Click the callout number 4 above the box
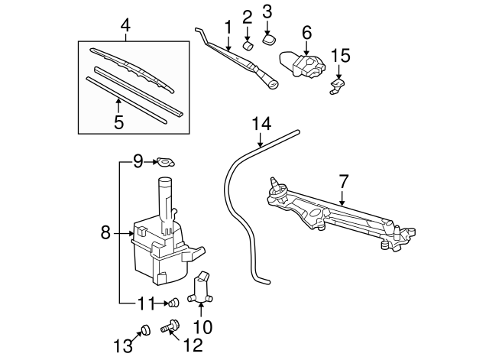coord(125,27)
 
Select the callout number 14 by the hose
coord(261,122)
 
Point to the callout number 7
coord(343,181)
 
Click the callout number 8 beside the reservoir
coord(105,232)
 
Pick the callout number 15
coord(340,56)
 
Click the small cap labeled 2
coord(248,45)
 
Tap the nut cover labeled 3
coord(269,37)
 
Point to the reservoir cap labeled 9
coord(164,161)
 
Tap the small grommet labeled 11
coord(173,303)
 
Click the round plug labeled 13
coord(144,330)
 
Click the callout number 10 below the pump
coord(202,327)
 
